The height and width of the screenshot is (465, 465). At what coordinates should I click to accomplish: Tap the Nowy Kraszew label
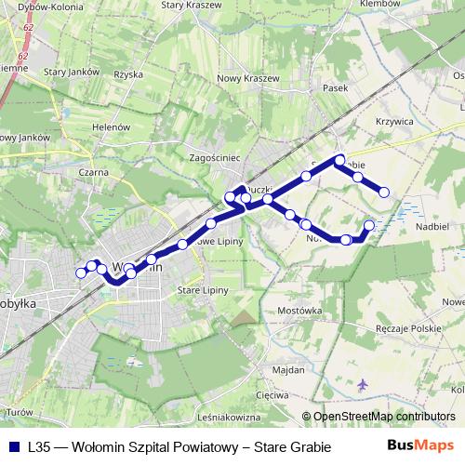(247, 78)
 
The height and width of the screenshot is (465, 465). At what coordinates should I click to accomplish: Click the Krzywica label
(394, 121)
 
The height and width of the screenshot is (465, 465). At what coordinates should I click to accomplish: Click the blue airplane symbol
(363, 383)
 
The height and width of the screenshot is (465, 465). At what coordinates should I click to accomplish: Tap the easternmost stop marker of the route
(382, 193)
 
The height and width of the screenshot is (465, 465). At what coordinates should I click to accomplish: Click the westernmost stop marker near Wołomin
(80, 272)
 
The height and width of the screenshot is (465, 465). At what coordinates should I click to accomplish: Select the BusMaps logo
(420, 446)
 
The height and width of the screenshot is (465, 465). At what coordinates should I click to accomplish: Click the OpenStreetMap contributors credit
(385, 418)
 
